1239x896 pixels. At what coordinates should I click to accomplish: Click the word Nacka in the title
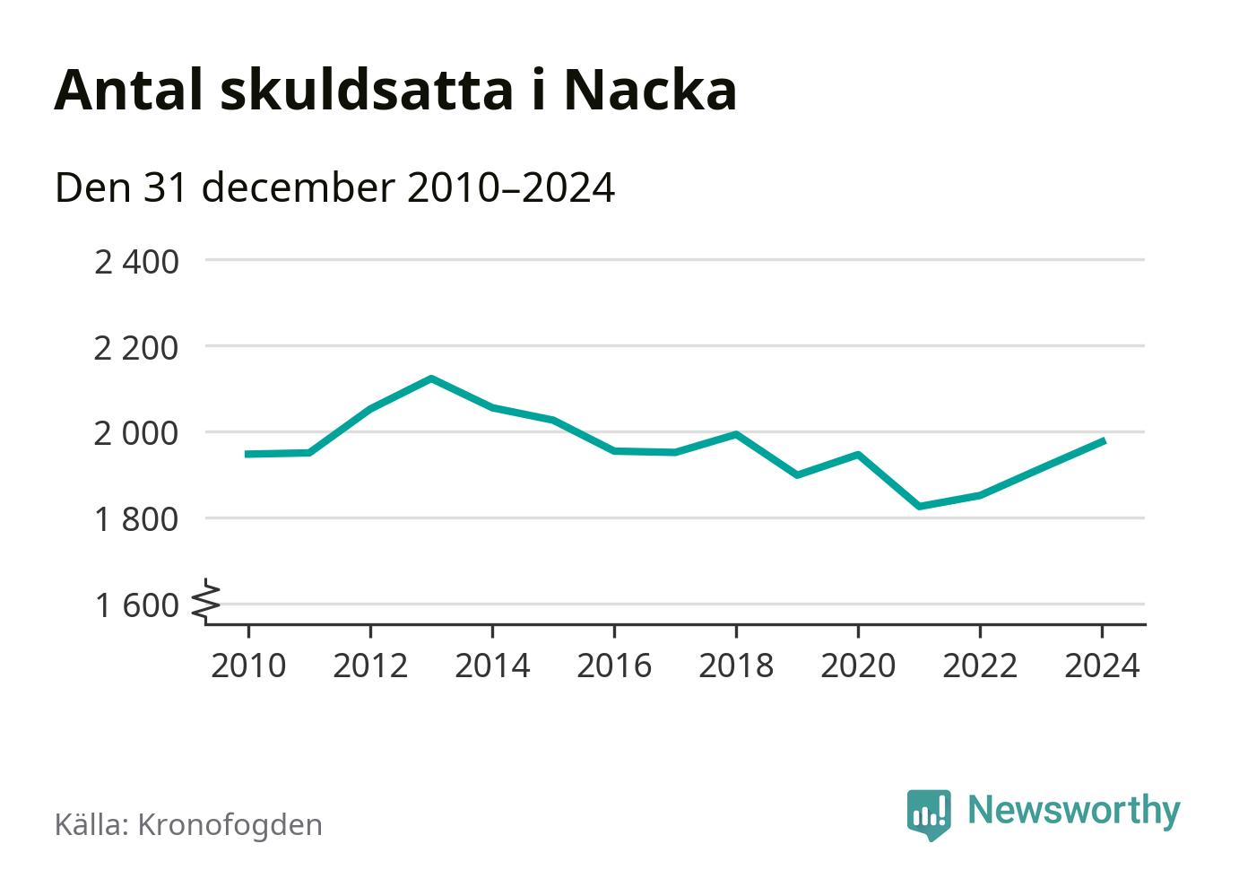point(650,90)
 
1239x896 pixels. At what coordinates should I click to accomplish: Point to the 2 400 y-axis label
point(136,262)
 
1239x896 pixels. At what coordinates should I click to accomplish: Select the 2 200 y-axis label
point(136,348)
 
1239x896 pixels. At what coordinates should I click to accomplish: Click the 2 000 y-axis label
point(136,434)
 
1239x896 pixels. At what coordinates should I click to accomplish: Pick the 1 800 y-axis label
point(136,520)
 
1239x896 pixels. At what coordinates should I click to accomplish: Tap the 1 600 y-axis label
point(136,606)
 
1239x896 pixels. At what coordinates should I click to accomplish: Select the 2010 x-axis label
point(248,666)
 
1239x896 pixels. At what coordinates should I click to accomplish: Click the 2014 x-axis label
point(492,666)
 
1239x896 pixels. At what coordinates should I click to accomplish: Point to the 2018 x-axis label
point(736,666)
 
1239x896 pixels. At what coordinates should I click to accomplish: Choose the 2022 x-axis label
point(980,666)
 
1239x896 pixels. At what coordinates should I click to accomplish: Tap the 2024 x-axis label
point(1102,666)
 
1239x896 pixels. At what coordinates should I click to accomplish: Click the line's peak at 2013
point(431,378)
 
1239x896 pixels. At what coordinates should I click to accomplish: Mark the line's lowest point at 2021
point(919,507)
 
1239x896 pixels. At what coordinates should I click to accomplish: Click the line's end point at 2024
point(1103,440)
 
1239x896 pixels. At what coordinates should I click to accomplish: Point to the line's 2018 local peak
point(736,434)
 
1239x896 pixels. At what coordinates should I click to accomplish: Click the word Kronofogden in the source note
point(230,825)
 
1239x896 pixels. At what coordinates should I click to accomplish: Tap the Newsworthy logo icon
point(928,813)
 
